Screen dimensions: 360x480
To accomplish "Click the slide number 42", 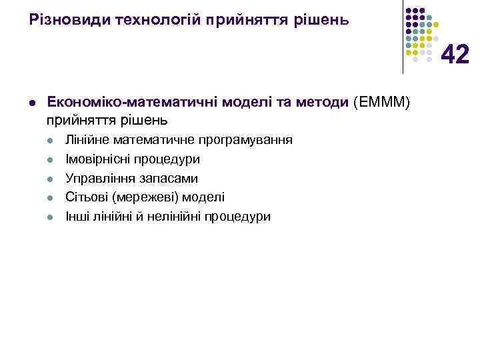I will pos(455,54).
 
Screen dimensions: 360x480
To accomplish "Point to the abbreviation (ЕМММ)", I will pos(384,102).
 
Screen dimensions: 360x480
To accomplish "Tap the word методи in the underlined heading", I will pos(317,102).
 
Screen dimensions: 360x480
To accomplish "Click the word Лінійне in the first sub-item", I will pos(87,140).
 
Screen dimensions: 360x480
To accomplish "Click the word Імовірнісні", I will pos(98,159).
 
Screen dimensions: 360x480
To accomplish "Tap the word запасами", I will pos(168,179).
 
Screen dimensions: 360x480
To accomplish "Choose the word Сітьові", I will pos(87,197).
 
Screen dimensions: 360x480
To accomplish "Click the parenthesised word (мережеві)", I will pos(147,197).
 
